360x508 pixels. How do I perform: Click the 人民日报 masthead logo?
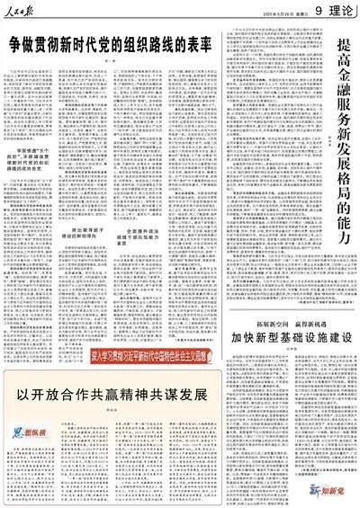[27, 10]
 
